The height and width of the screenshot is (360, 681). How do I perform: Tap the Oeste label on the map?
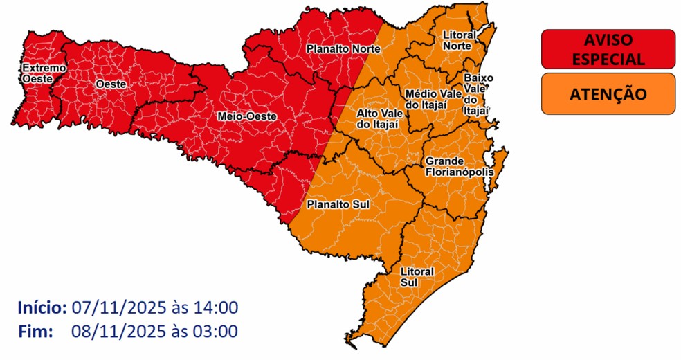pos(110,84)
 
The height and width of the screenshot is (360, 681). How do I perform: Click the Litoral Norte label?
pos(457,40)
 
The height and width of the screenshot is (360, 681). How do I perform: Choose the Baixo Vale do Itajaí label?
pos(478,93)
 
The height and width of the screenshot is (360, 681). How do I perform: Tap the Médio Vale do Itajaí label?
pos(426,98)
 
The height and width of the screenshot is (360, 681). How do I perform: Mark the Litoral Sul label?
pos(417,276)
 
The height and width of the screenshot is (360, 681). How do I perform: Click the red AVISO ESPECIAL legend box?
pos(608,50)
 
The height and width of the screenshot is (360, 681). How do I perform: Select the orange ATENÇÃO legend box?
pos(608,93)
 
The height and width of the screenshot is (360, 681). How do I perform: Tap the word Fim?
pos(35,332)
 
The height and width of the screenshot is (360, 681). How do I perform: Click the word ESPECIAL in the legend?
pos(608,60)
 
